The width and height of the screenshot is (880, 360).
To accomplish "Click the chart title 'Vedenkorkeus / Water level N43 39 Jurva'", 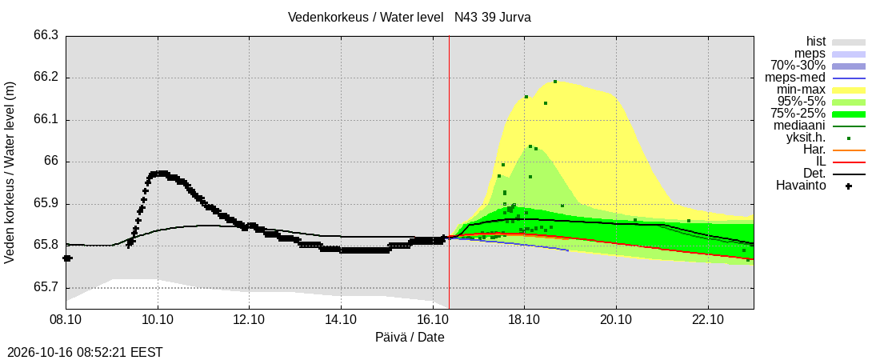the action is click(x=409, y=18).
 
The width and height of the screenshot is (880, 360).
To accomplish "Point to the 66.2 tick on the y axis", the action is click(x=46, y=78).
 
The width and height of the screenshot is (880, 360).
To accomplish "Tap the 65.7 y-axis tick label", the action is click(x=46, y=288).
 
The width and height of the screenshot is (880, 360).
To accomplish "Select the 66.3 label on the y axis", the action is click(x=46, y=36).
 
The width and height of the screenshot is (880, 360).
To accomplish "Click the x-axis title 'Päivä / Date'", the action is click(x=410, y=338).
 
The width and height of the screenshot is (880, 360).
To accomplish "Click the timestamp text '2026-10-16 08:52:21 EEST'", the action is click(x=82, y=353).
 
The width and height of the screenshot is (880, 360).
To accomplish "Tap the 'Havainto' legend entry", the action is click(x=801, y=186).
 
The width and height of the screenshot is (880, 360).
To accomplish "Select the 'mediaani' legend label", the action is click(x=800, y=126).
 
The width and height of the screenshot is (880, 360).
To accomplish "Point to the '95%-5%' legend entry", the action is click(x=802, y=102).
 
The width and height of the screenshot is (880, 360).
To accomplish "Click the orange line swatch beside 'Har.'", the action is click(x=849, y=150).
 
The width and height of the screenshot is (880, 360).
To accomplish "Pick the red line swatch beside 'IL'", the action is click(x=849, y=162).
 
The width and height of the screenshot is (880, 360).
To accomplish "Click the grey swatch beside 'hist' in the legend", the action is click(x=849, y=42).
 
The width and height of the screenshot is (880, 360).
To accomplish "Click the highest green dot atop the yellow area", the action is click(x=555, y=82).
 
